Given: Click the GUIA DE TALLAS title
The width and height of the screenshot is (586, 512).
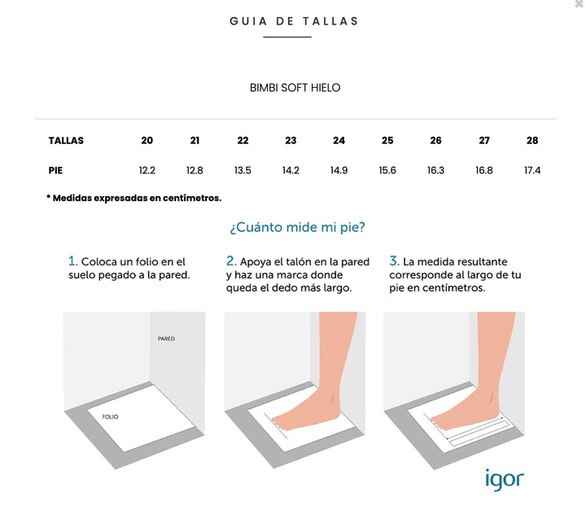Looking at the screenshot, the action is (294, 21).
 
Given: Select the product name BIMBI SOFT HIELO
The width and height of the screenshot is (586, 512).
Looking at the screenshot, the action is (295, 88).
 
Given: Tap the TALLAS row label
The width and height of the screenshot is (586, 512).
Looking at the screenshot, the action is (66, 141).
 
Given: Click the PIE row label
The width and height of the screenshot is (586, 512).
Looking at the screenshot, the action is (55, 170).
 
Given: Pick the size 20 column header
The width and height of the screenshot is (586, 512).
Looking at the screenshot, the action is (146, 141).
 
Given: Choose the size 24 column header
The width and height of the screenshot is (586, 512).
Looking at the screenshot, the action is (339, 141).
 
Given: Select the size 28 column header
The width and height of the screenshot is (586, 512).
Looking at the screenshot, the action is (532, 141).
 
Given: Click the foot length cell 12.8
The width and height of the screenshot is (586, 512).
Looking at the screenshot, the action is (195, 170).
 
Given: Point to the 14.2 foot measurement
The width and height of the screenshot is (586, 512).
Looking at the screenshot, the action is (291, 170).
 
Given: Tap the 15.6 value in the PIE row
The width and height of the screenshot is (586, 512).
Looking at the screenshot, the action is (387, 170).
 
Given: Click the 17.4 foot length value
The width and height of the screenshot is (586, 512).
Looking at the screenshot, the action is (532, 170).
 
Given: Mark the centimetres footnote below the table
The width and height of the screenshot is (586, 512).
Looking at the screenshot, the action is (133, 198).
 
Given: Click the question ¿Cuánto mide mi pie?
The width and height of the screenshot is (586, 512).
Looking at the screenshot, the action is (298, 227).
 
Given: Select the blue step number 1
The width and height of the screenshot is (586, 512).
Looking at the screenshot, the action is (73, 260).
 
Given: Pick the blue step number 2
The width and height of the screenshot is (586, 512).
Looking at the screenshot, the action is (231, 260).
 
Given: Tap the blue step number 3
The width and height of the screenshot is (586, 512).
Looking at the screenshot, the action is (394, 260).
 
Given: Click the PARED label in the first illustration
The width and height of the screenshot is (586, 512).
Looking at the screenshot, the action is (166, 339).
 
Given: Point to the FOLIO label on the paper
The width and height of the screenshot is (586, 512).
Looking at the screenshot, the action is (110, 417).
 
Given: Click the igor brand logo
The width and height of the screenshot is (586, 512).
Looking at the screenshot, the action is (505, 479).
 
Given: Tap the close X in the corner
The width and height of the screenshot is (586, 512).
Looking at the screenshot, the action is (580, 4).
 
